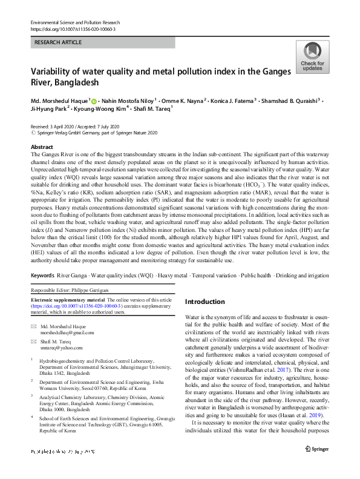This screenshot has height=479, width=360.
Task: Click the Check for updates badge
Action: coord(312,58)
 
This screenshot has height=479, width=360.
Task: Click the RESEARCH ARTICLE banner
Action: coord(103,43)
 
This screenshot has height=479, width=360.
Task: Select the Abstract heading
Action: coord(42,147)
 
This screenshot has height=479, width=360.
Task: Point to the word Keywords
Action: coord(42,276)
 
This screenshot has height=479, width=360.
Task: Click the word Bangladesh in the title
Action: coord(74,82)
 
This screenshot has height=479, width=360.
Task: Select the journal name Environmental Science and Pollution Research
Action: coord(82,22)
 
